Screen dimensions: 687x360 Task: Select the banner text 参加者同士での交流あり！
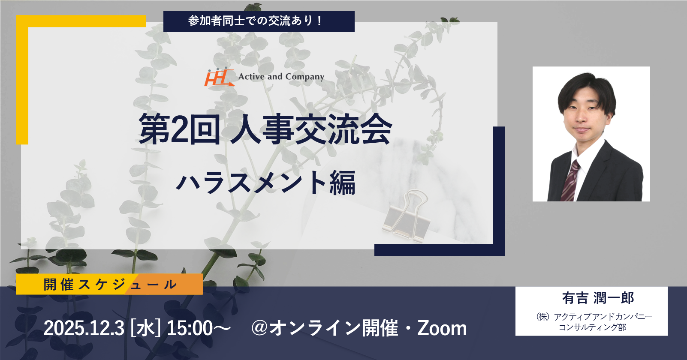(256, 21)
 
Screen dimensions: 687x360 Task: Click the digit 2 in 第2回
(179, 129)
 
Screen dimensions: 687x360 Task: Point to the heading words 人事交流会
(311, 129)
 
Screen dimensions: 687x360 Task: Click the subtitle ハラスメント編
(266, 183)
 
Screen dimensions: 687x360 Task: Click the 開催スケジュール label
(110, 285)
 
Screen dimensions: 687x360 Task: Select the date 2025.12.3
(84, 328)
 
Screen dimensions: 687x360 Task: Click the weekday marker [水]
(145, 328)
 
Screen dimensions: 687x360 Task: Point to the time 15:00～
(199, 328)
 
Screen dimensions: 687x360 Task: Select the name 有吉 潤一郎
(598, 298)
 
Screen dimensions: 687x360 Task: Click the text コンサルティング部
(593, 327)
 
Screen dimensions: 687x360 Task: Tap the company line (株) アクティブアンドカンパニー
(594, 316)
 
